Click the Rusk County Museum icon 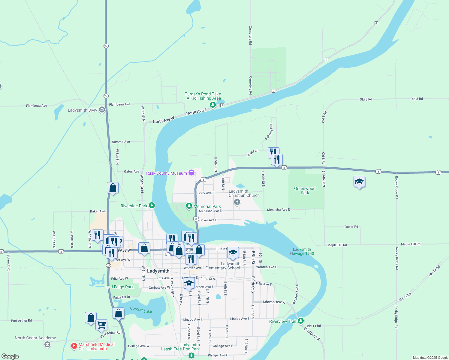click(x=191, y=173)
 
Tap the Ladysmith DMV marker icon click(x=102, y=110)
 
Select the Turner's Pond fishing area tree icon click(x=213, y=105)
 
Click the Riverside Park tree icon click(x=152, y=205)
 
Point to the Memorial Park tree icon click(x=189, y=206)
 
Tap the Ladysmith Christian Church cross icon click(x=237, y=202)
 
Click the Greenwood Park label click(x=305, y=190)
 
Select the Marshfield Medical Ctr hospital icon click(x=74, y=346)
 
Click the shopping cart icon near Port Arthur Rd click(x=101, y=325)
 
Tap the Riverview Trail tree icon click(x=301, y=321)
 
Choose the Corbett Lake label click(x=141, y=310)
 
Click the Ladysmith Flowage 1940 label click(x=302, y=251)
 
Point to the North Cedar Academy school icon click(x=47, y=345)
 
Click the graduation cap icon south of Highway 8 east click(x=359, y=181)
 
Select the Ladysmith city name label click(x=158, y=271)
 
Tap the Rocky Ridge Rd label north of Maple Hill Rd click(x=396, y=187)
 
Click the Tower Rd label click(x=351, y=227)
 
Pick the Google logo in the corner click(x=10, y=356)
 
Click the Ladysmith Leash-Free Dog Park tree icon click(x=191, y=355)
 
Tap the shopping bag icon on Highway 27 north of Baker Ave click(x=113, y=188)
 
